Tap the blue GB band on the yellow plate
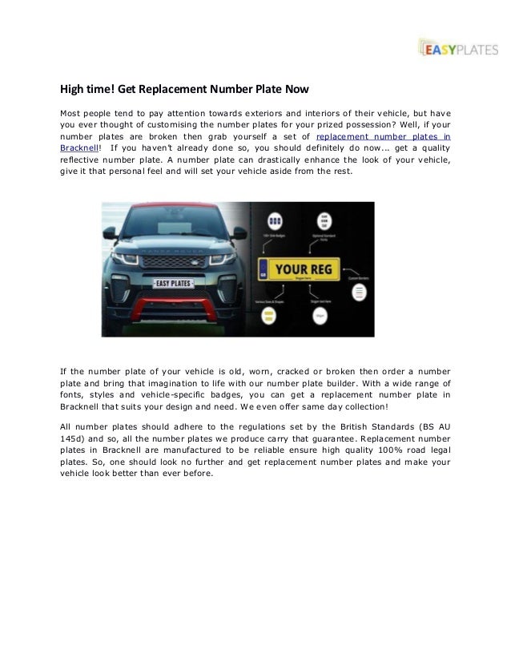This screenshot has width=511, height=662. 264,270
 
